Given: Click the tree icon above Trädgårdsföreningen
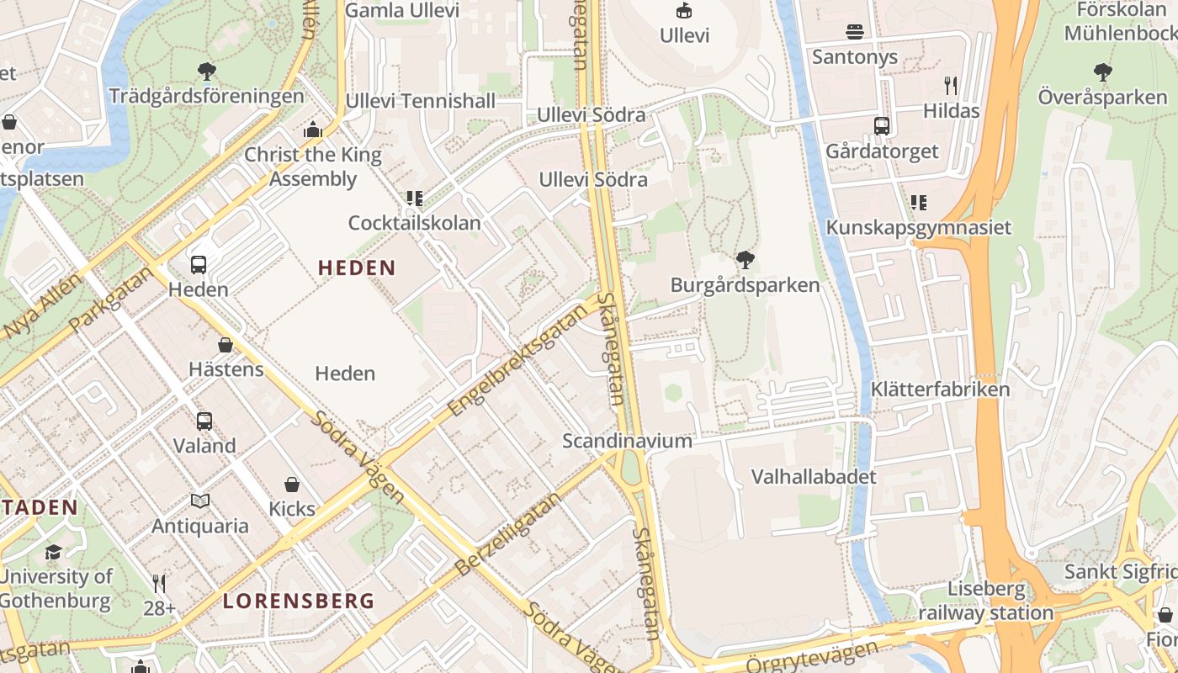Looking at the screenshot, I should coord(206,72).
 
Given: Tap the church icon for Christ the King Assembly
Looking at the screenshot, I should coord(313,130).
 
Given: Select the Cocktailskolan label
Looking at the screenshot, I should coord(415,223).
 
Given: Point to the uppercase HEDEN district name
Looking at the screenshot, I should coord(357,268).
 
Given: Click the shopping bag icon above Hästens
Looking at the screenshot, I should coord(226,345).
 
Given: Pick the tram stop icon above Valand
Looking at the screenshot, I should coord(204,421).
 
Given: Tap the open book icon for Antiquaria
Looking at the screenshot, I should coord(200,501).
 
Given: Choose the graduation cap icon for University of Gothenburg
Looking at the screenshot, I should coord(53,552).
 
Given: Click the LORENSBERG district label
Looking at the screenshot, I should coord(299,601).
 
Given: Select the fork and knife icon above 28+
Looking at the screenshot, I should coord(158,583).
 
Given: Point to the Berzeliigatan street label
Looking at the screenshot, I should coord(507,534).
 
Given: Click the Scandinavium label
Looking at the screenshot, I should coord(627,441).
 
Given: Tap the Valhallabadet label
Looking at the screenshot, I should coord(814,477).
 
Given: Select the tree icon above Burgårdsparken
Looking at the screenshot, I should coord(745,260).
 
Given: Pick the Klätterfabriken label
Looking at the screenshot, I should coord(940,389).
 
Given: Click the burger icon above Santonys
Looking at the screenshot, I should coord(855,33).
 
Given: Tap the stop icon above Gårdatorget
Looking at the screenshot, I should coord(882,126).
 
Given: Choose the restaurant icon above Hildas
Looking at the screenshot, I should coord(951,85).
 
